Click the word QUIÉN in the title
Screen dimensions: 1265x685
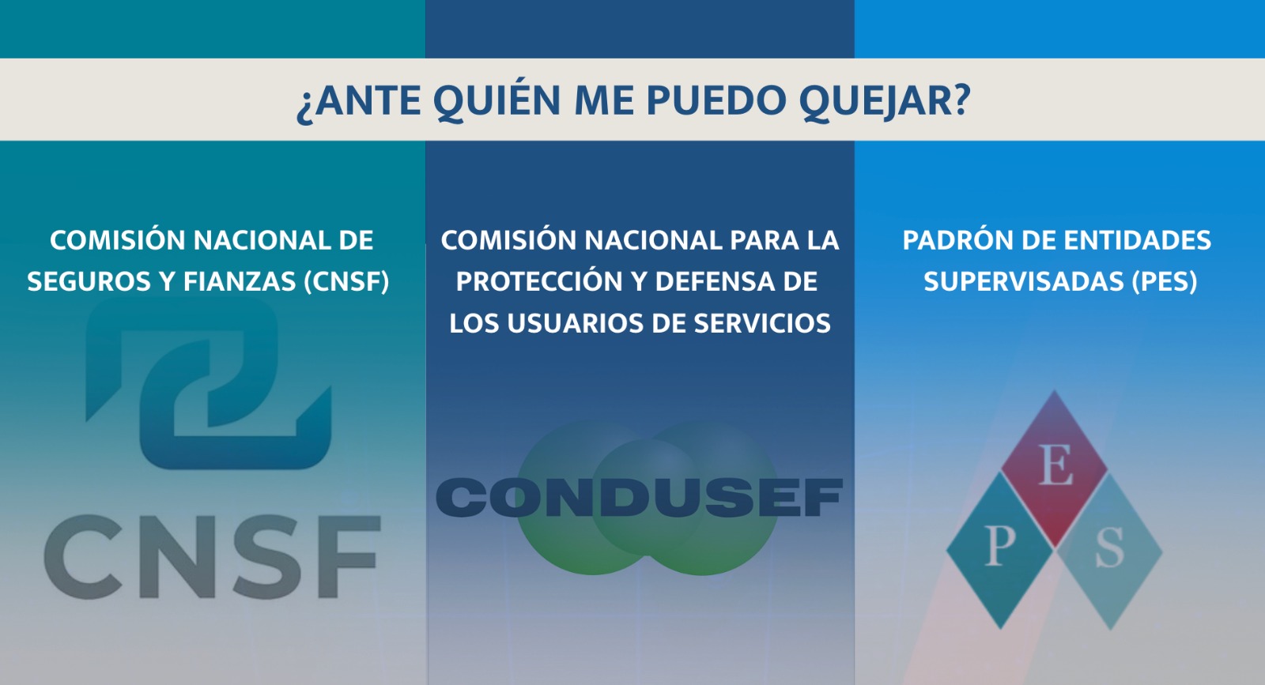point(497,100)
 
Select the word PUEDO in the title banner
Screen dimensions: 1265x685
point(716,100)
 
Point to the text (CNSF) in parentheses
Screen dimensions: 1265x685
point(346,281)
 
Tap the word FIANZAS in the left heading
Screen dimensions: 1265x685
point(240,281)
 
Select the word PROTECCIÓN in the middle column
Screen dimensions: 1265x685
point(539,281)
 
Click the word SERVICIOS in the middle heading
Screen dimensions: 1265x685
point(762,323)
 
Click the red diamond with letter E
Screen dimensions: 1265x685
point(1055,469)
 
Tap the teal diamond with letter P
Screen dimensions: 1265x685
point(999,550)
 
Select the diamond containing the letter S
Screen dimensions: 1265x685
point(1110,551)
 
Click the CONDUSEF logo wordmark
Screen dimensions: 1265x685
point(640,497)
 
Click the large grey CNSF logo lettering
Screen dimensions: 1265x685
point(212,555)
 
